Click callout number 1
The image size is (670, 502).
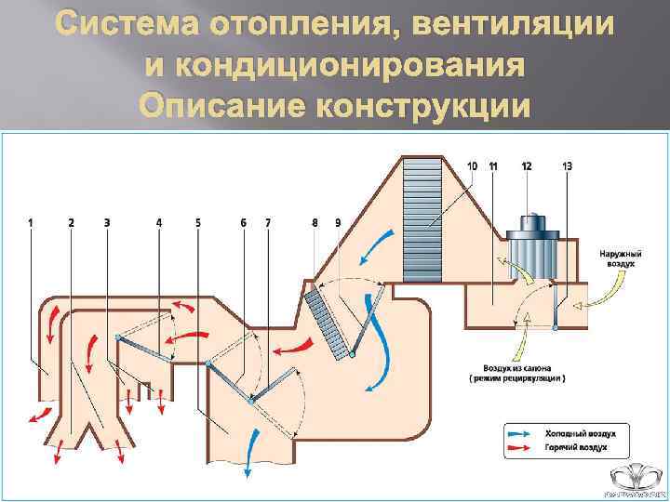click(31, 223)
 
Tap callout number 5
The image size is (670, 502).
click(198, 223)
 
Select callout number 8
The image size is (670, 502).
click(315, 223)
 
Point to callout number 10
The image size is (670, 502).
click(473, 165)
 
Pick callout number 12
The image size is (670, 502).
click(527, 165)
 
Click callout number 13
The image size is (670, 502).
click(568, 165)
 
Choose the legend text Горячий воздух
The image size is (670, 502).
click(580, 447)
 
